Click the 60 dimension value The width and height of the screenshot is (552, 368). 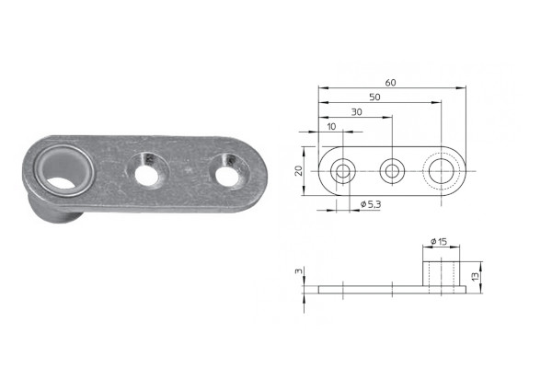(x=390, y=83)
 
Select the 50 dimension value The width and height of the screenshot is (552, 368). (x=374, y=98)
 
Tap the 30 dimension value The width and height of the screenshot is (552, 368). (x=357, y=112)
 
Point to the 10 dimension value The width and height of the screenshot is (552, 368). (x=331, y=126)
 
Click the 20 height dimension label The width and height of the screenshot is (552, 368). (x=298, y=171)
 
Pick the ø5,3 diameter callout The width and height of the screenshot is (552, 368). (x=371, y=204)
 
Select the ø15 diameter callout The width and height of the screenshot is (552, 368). (x=439, y=241)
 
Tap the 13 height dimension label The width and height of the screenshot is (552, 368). (x=476, y=276)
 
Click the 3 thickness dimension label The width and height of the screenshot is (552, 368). (x=298, y=270)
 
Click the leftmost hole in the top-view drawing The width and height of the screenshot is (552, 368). (x=343, y=171)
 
